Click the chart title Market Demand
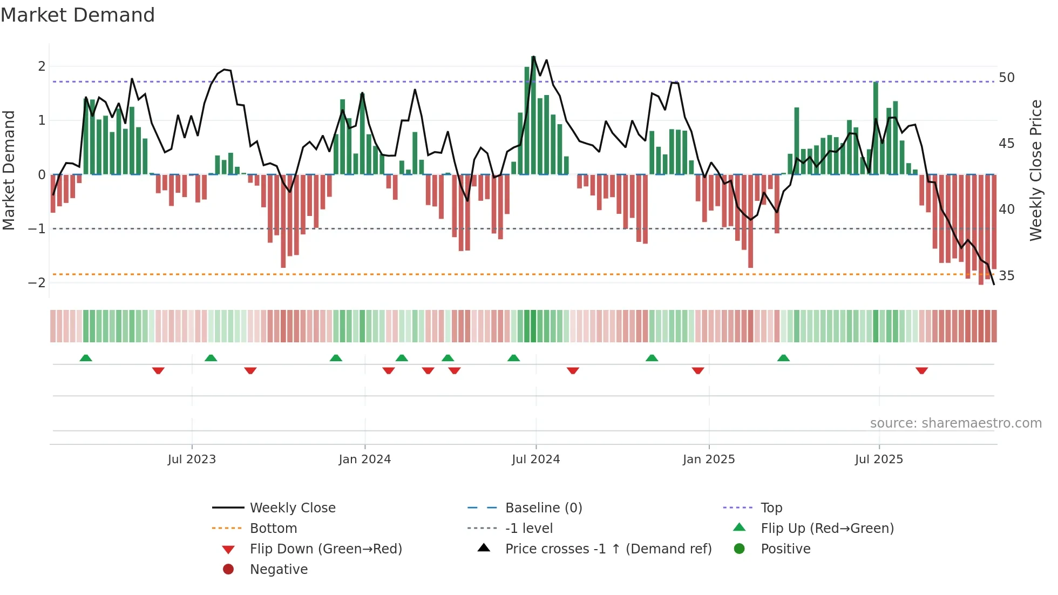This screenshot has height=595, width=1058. tap(78, 15)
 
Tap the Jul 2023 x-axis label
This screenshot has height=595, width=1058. tap(192, 459)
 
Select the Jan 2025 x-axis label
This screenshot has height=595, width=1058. tap(708, 459)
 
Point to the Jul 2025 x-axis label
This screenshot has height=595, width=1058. tap(879, 459)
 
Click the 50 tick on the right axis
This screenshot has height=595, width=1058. tap(1006, 78)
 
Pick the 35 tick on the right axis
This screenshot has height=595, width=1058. tap(1006, 276)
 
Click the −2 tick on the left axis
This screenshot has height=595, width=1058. tap(37, 283)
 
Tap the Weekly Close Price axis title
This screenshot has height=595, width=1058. tap(1035, 170)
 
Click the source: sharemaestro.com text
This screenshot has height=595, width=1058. tap(955, 423)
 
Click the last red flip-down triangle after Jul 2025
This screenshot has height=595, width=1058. tap(921, 370)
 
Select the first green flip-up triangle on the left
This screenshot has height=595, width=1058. tap(86, 358)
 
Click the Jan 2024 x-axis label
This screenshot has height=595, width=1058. tap(364, 459)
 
